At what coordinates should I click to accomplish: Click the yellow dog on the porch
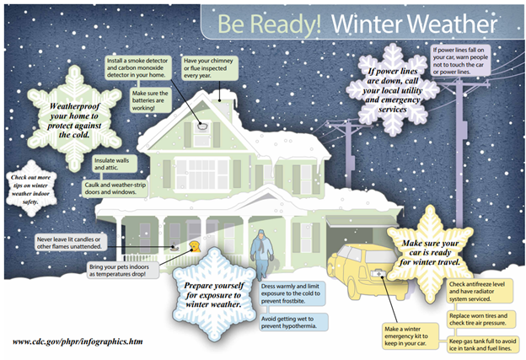[195, 246]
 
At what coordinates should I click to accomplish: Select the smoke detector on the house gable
[202, 126]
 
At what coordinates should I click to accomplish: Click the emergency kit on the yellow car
[378, 274]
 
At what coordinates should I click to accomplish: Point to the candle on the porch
[174, 247]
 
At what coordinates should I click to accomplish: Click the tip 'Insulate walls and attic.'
[115, 164]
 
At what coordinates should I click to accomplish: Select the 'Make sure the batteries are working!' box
[150, 100]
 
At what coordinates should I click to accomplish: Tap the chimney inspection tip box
[210, 68]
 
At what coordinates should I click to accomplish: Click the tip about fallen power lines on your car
[460, 61]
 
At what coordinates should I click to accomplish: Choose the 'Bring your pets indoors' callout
[123, 271]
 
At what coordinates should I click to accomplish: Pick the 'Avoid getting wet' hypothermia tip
[293, 322]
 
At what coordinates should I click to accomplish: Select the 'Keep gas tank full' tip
[483, 345]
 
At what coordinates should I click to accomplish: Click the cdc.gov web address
[78, 341]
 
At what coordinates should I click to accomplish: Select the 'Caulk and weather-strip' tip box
[115, 189]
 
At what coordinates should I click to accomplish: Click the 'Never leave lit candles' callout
[71, 243]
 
